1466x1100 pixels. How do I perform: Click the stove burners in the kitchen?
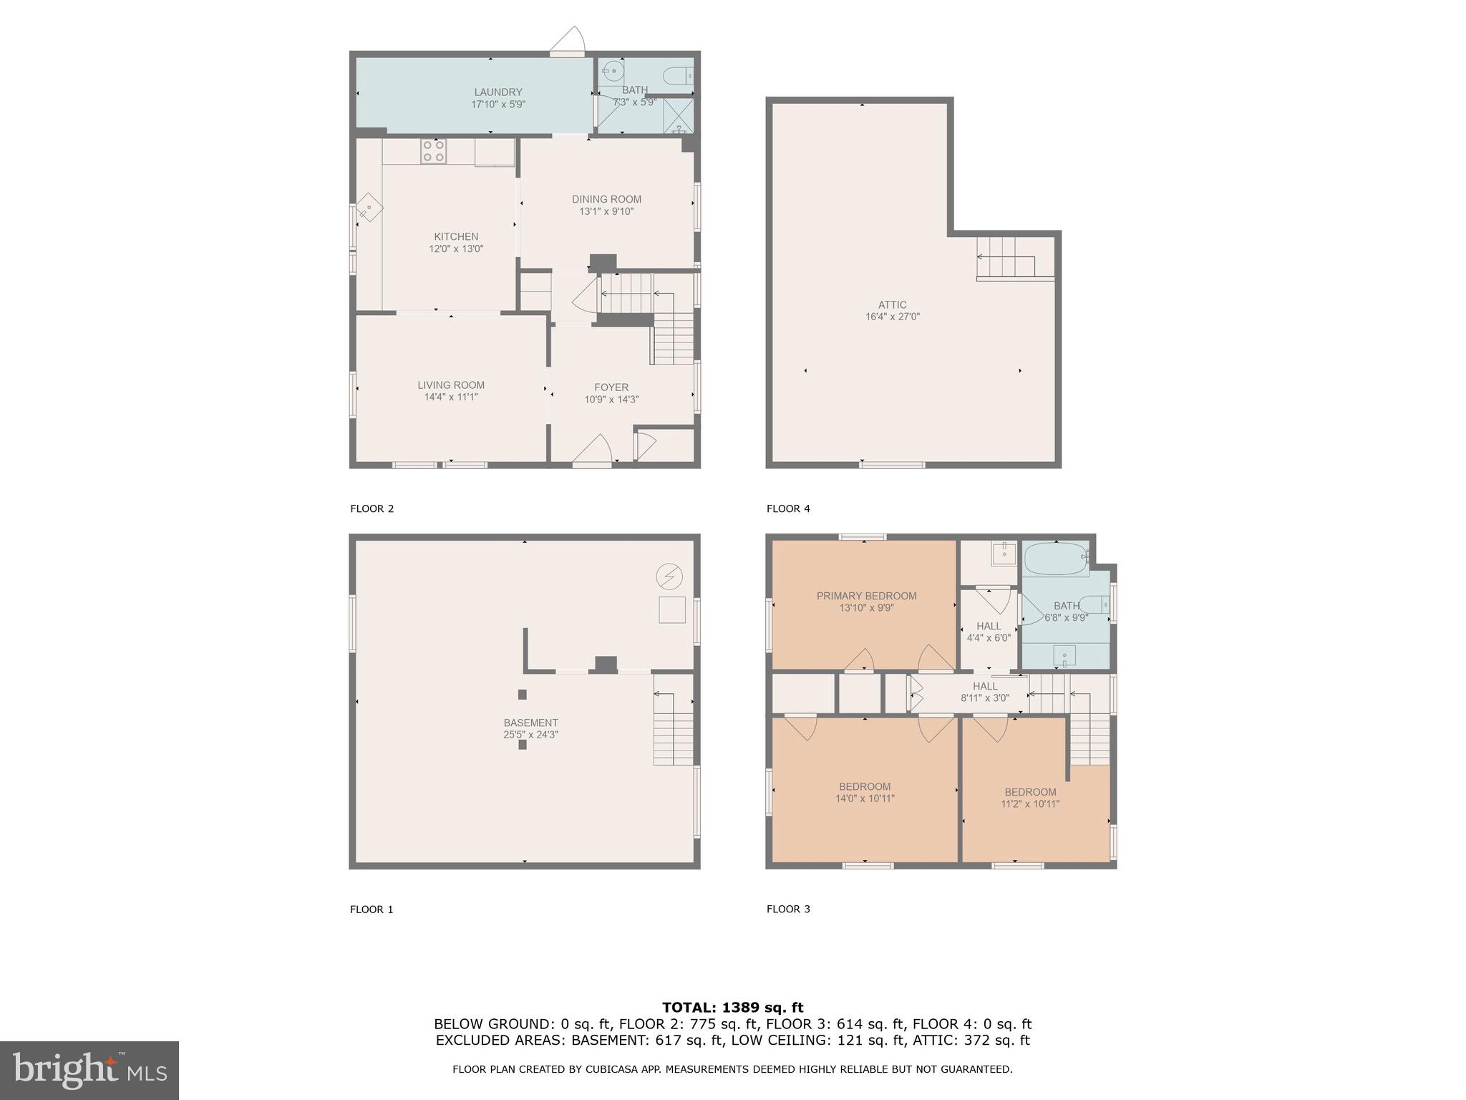pos(434,151)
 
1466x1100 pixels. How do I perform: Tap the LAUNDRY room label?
pos(498,92)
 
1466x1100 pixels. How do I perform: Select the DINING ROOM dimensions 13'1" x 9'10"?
pos(606,211)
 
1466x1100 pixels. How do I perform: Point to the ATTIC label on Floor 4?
pos(892,304)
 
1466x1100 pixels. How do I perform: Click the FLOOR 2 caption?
pos(372,509)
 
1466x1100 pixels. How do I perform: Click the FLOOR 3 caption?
pos(788,910)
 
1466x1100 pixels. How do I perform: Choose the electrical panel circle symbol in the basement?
pos(669,576)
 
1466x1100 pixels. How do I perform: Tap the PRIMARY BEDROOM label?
pos(866,596)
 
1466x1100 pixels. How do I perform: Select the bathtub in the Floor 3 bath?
pos(1055,559)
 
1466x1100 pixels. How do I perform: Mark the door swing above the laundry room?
pos(570,41)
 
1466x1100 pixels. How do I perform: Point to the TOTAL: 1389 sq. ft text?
pos(732,1008)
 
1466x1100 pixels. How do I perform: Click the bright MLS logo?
pos(89,1071)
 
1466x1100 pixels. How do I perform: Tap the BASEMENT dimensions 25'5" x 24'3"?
pos(530,735)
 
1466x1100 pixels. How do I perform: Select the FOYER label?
pos(611,387)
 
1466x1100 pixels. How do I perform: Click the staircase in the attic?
pos(1006,257)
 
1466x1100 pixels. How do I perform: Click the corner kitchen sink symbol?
pos(369,208)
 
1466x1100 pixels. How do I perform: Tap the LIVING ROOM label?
pos(451,385)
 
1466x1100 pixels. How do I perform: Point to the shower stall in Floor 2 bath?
pos(678,117)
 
